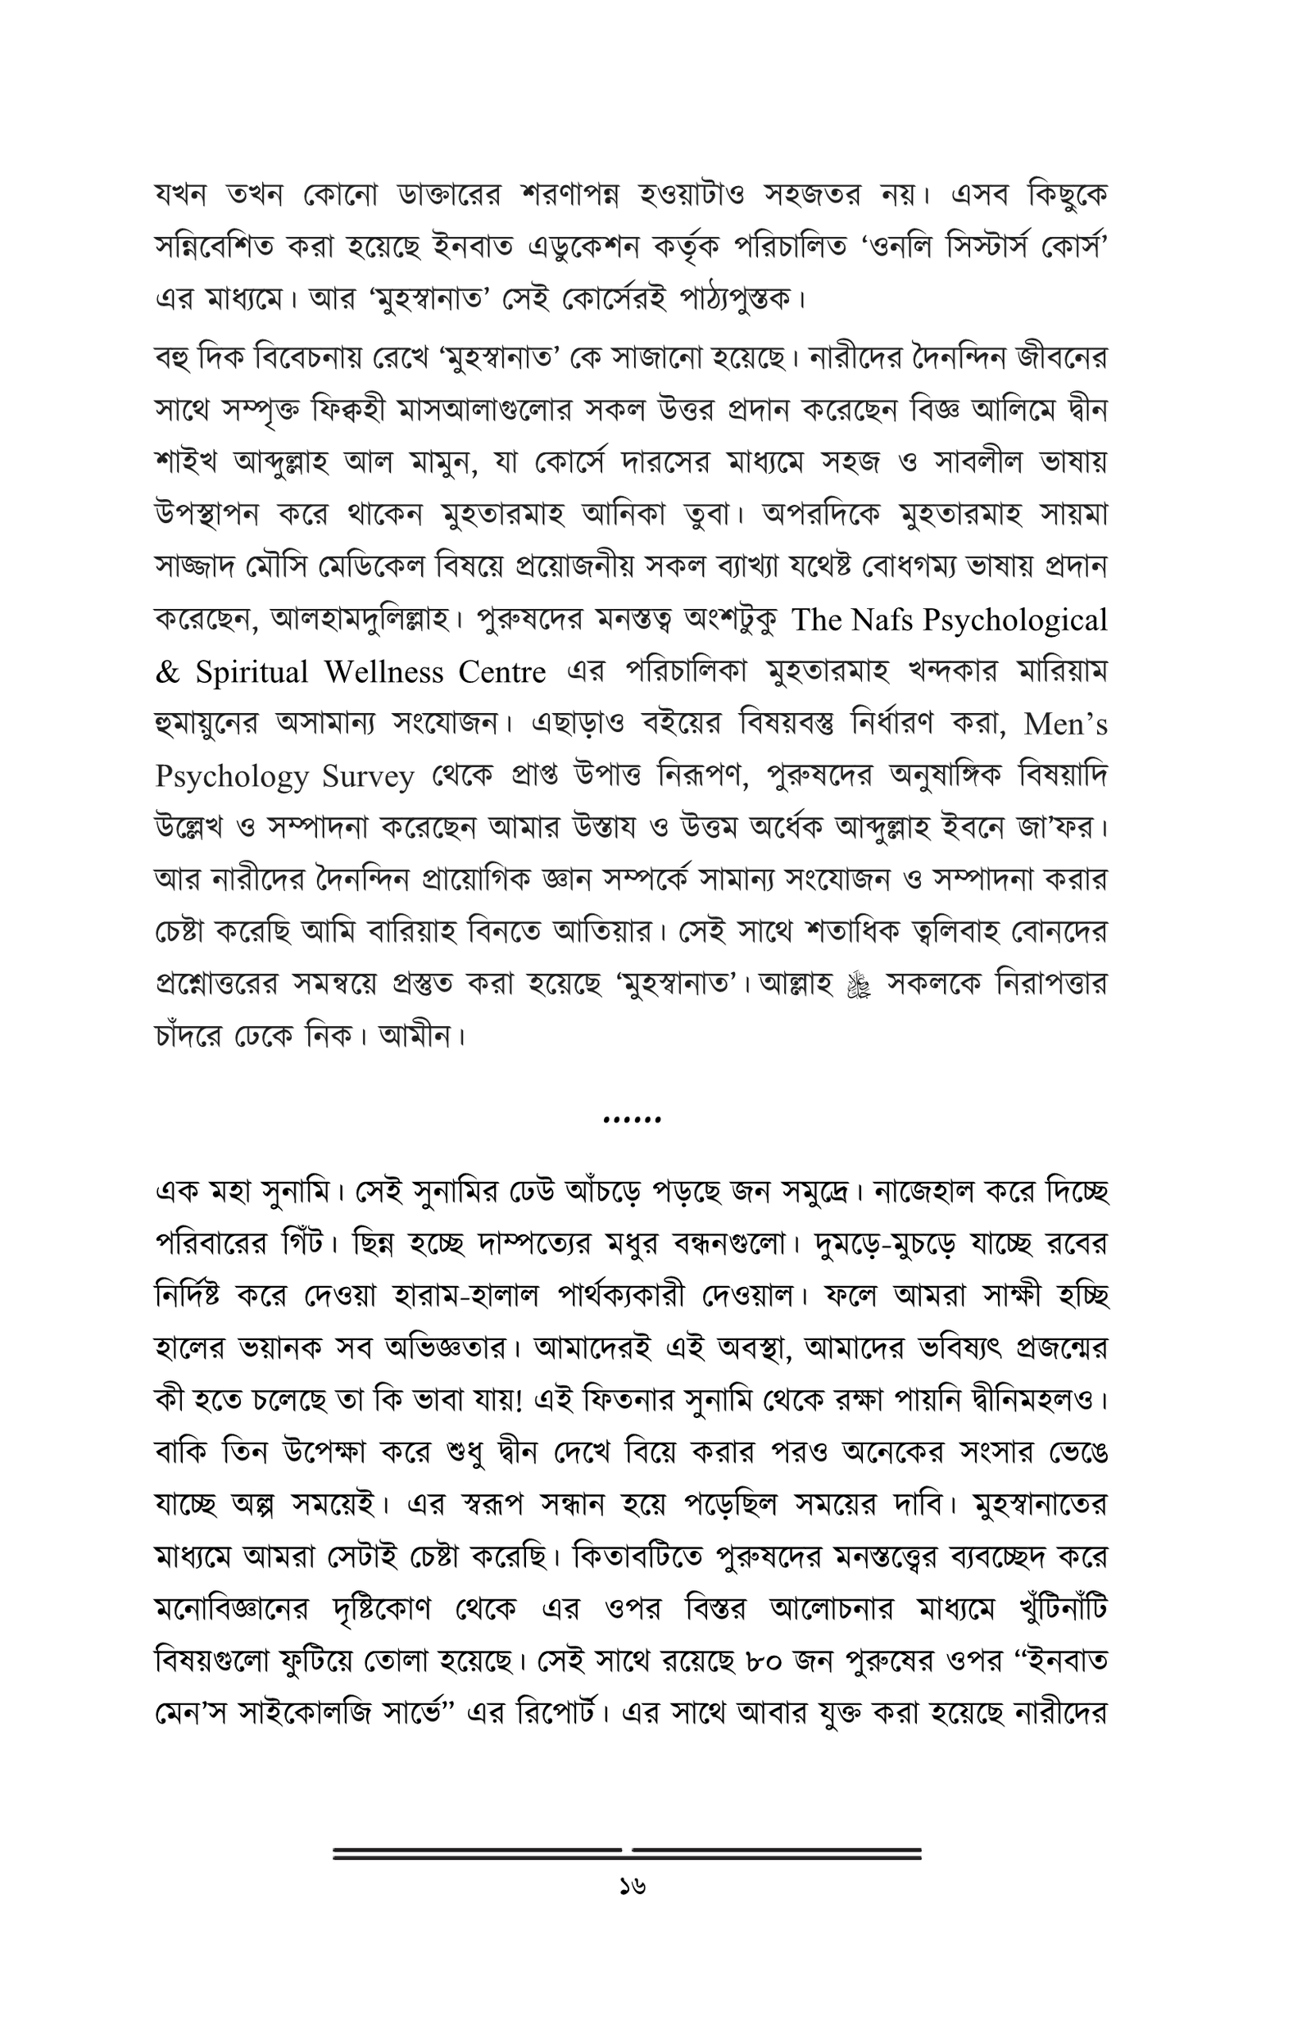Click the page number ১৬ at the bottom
[x=633, y=1888]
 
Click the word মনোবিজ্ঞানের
[x=233, y=1609]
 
